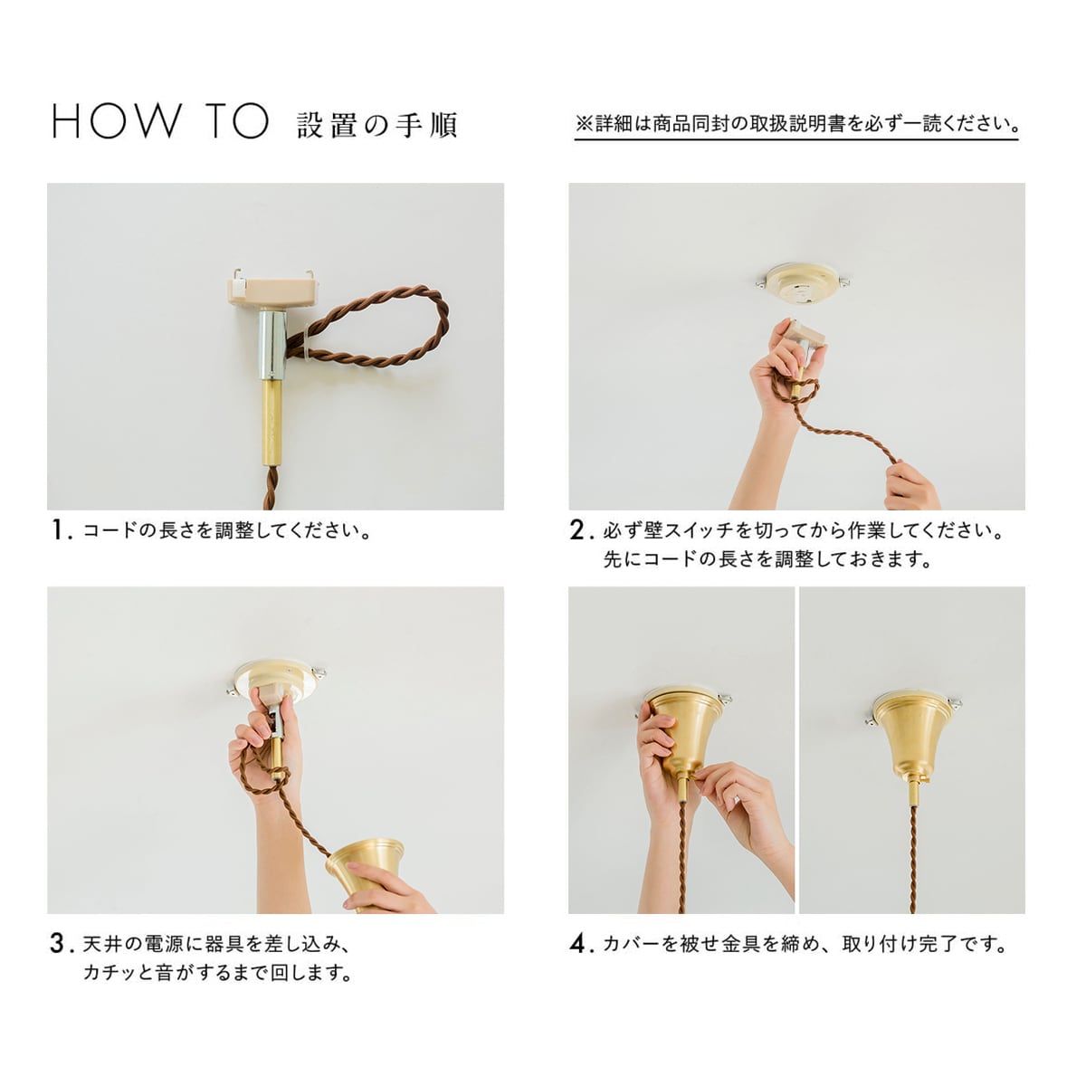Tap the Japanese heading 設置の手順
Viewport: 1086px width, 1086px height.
tap(377, 125)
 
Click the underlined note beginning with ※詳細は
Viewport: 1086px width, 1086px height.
tap(796, 123)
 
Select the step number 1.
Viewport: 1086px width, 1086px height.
tap(61, 530)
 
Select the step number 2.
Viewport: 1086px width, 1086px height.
tap(580, 530)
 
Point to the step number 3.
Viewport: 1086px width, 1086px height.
tap(61, 943)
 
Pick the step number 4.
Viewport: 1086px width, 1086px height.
tap(580, 943)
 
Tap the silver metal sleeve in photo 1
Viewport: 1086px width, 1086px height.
tap(273, 345)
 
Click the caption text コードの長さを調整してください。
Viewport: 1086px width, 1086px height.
tap(226, 531)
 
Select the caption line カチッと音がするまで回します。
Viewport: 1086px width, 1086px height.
tap(218, 972)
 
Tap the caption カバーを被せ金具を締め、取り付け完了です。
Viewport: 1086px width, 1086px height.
tap(805, 944)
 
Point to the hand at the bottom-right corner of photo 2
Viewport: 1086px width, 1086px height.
tap(911, 486)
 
